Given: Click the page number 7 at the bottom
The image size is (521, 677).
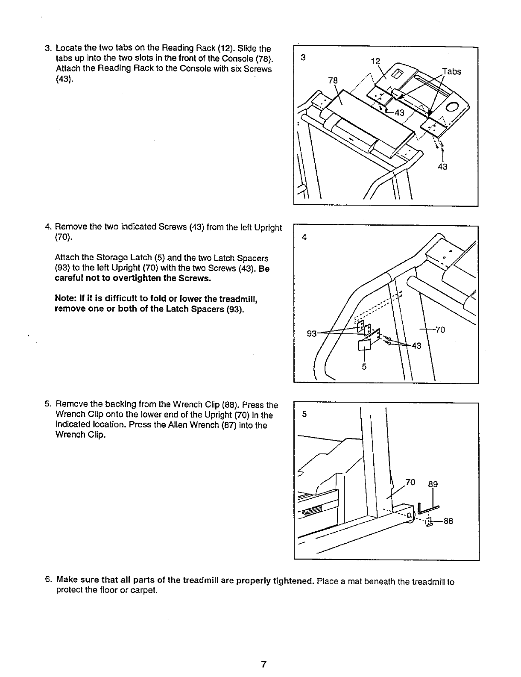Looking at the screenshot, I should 263,664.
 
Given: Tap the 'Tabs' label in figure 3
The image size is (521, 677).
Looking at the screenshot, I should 451,71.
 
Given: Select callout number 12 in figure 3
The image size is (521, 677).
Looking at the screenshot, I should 375,61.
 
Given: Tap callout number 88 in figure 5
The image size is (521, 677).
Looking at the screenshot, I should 448,521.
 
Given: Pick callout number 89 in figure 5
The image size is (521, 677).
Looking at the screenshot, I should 433,484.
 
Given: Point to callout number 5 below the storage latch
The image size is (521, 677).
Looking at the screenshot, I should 364,366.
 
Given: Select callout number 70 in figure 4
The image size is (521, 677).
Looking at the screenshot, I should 440,330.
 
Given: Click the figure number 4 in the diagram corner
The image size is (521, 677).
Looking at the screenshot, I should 304,238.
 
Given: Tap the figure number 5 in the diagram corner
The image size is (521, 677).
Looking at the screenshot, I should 304,414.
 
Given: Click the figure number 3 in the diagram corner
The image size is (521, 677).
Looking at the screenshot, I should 303,58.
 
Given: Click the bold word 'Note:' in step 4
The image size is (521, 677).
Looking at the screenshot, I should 67,298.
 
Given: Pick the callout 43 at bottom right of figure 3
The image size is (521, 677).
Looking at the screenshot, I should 442,167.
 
